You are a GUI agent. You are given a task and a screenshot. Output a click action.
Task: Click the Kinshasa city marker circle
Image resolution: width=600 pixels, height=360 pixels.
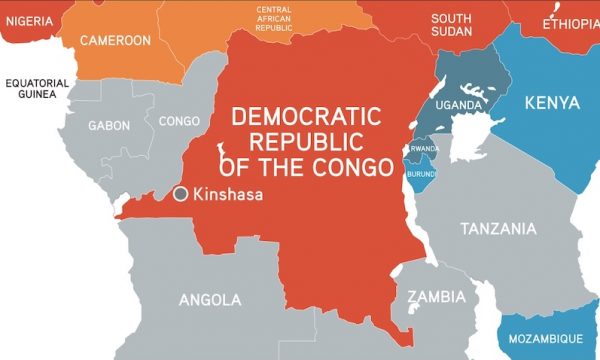(181, 195)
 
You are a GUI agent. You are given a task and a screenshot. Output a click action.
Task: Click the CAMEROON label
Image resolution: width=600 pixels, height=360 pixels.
(116, 41)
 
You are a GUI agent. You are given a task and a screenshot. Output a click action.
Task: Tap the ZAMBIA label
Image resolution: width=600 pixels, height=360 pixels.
(436, 297)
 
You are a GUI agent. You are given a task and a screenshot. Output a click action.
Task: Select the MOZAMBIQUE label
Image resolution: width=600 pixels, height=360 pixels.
(546, 340)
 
